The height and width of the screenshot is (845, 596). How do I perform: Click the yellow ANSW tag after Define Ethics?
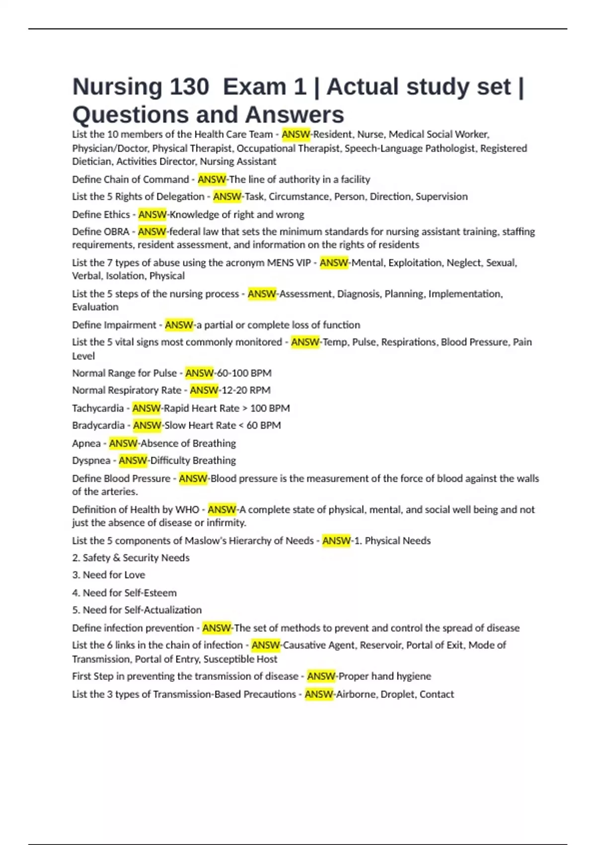[152, 215]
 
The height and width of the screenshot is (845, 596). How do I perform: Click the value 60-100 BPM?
[244, 373]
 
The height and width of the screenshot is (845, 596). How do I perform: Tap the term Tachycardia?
[98, 409]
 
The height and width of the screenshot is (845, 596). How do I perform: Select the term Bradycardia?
[98, 425]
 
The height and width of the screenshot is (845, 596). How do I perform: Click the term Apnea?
[86, 443]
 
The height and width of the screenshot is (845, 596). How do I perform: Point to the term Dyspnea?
[91, 461]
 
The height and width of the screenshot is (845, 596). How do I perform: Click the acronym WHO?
[187, 510]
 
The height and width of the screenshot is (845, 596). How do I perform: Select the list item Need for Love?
[114, 575]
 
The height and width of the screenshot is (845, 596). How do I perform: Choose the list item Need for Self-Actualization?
[142, 610]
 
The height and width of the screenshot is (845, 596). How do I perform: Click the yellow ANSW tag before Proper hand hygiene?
[321, 676]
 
